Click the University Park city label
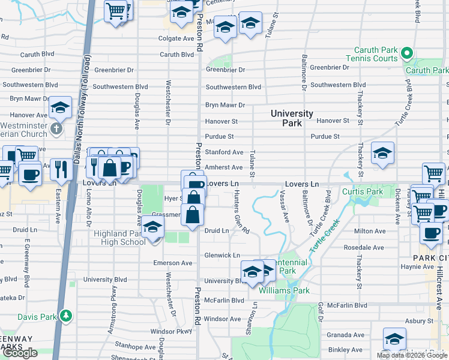tap(292, 118)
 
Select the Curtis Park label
tap(362, 192)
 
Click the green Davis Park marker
tap(67, 315)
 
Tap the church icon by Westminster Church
tap(56, 129)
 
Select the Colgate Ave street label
tap(176, 38)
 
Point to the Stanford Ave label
tap(224, 152)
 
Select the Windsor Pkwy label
tap(170, 331)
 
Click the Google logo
tap(20, 353)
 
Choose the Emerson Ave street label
tap(172, 263)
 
